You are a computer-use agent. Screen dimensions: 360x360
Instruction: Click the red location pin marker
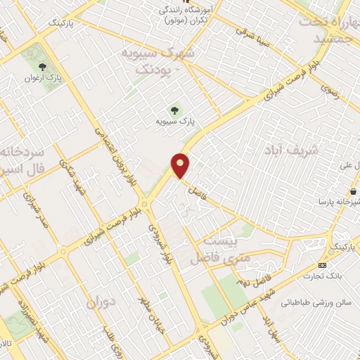click(x=181, y=165)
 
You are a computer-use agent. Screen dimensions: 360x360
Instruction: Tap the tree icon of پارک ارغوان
click(x=43, y=67)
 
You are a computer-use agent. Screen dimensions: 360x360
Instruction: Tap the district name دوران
click(x=100, y=302)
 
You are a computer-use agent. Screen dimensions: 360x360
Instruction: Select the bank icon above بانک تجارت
click(x=322, y=265)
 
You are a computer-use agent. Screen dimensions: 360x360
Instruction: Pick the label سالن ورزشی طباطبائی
click(x=317, y=303)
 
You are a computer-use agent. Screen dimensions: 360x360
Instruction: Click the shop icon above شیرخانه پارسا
click(x=352, y=191)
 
